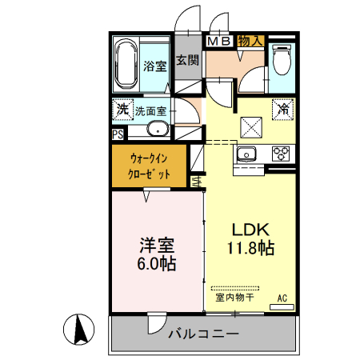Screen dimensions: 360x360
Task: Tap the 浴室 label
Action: [x=155, y=66]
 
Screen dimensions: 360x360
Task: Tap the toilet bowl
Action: [x=282, y=58]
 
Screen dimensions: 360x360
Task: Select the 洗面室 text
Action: [x=150, y=111]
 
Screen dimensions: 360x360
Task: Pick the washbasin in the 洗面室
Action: [x=158, y=130]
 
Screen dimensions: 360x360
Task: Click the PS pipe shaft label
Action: [x=118, y=134]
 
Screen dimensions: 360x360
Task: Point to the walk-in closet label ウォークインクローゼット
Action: [x=149, y=164]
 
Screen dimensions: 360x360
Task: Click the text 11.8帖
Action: [x=250, y=248]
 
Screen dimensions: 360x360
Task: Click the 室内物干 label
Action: [x=234, y=298]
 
